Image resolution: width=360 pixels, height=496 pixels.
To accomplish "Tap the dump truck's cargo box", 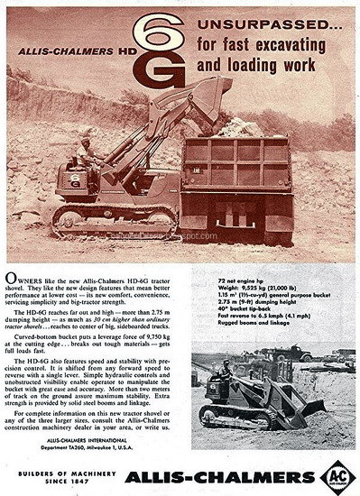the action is pyautogui.click(x=235, y=163).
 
